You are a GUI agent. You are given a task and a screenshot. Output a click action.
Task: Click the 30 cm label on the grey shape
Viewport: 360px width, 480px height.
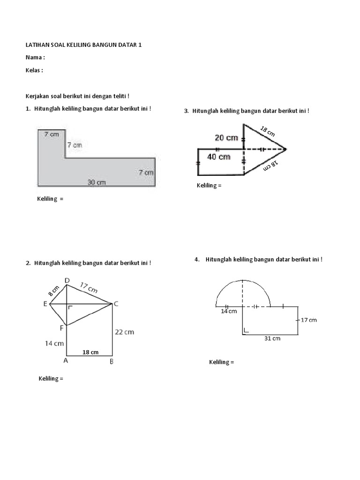97,182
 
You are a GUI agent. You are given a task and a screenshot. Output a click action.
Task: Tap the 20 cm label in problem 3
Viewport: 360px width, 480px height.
226,138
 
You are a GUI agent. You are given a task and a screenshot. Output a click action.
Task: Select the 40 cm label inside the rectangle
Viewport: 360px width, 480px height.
218,157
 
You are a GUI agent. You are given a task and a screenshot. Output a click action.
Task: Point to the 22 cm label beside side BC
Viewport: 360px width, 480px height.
125,332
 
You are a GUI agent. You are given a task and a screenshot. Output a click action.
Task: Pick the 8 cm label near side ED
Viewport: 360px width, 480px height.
53,291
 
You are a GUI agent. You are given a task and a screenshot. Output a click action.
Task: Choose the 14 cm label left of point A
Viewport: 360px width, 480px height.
54,343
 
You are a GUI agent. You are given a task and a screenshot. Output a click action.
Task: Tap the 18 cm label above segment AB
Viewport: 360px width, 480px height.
90,352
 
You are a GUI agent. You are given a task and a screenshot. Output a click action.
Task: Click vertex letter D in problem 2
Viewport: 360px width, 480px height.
67,280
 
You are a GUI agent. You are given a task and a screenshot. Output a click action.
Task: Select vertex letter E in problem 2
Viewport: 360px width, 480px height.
45,304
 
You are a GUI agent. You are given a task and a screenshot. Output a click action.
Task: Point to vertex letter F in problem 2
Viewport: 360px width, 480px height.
61,328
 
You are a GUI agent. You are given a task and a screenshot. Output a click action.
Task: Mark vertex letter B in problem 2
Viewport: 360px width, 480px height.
112,361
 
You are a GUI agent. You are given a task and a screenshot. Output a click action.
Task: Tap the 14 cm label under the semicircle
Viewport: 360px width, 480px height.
229,311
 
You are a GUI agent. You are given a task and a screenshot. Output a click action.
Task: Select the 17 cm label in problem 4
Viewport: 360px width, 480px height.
308,320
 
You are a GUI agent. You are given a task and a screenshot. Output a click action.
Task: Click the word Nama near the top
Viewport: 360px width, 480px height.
33,58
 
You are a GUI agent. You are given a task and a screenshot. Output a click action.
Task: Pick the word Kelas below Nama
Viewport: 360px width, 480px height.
32,70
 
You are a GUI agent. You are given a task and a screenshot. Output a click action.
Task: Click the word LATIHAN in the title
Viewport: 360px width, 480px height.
36,45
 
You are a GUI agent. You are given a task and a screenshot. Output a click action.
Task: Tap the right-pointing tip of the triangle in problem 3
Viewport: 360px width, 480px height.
285,149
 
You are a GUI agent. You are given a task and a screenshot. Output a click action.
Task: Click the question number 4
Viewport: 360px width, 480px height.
197,260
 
